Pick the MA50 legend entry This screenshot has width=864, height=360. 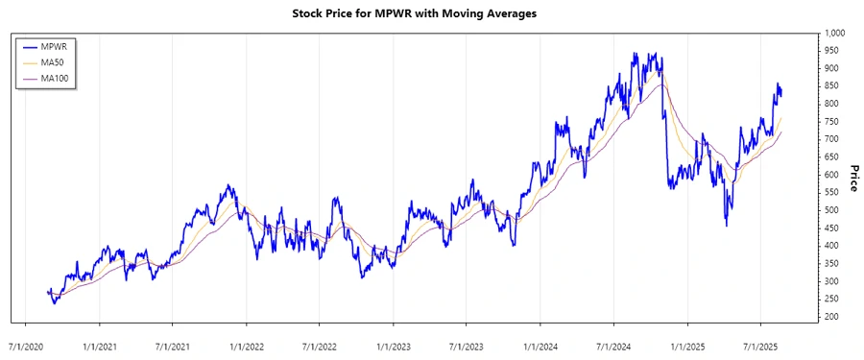click(x=59, y=62)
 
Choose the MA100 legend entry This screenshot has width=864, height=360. click(x=60, y=78)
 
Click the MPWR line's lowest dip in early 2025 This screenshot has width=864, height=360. click(x=726, y=226)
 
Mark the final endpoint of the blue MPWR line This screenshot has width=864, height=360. click(x=781, y=94)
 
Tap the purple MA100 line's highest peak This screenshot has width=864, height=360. click(x=660, y=84)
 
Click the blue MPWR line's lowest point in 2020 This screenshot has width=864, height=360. click(x=54, y=303)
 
